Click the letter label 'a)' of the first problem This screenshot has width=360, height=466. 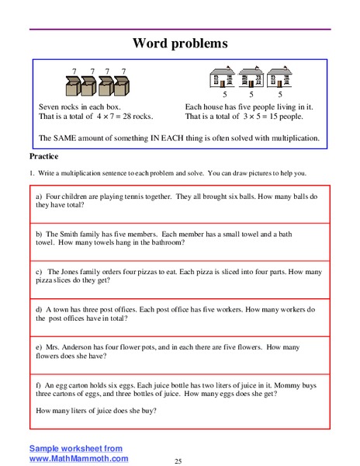pos(40,196)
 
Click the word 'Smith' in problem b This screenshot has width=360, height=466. pos(80,233)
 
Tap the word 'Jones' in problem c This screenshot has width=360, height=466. pos(83,273)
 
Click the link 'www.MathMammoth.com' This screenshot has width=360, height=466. pos(78,459)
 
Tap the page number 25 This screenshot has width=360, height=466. pos(179,461)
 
